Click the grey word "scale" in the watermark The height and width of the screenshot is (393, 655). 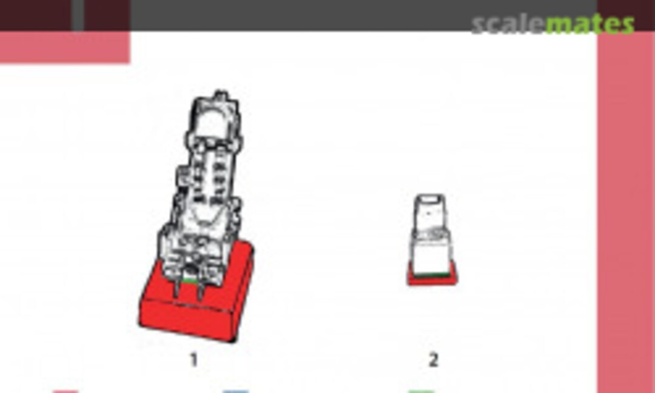click(x=508, y=24)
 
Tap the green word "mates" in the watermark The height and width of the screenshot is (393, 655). click(x=590, y=24)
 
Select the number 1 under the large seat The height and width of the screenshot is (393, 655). click(x=193, y=360)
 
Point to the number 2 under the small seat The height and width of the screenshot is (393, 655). click(x=433, y=360)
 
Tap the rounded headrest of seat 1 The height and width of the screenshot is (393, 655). click(x=212, y=122)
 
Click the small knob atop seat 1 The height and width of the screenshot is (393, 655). click(x=220, y=96)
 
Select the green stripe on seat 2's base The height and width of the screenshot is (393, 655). click(x=432, y=275)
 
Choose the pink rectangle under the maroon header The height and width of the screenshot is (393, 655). click(x=65, y=47)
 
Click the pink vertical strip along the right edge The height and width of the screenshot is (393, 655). click(x=626, y=212)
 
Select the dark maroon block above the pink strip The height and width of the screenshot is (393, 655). click(x=626, y=15)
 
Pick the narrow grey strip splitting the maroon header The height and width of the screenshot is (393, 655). click(x=78, y=15)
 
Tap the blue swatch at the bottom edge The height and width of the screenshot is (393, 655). click(x=236, y=391)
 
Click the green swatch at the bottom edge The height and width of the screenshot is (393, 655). click(x=421, y=391)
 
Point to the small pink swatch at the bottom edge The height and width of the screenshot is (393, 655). click(x=65, y=391)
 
